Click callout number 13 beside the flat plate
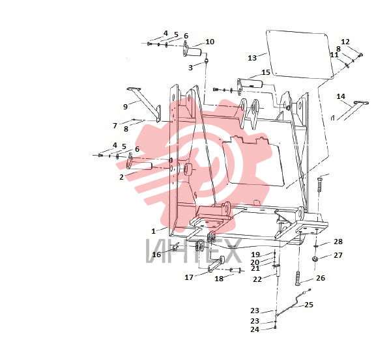(x=252, y=58)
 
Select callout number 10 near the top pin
(x=210, y=42)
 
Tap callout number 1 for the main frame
(x=154, y=231)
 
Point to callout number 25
(x=309, y=305)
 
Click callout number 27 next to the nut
(x=338, y=255)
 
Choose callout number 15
(x=266, y=72)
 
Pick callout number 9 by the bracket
(x=126, y=107)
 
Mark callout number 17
(x=189, y=277)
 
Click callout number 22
(x=257, y=279)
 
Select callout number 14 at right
(x=341, y=96)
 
